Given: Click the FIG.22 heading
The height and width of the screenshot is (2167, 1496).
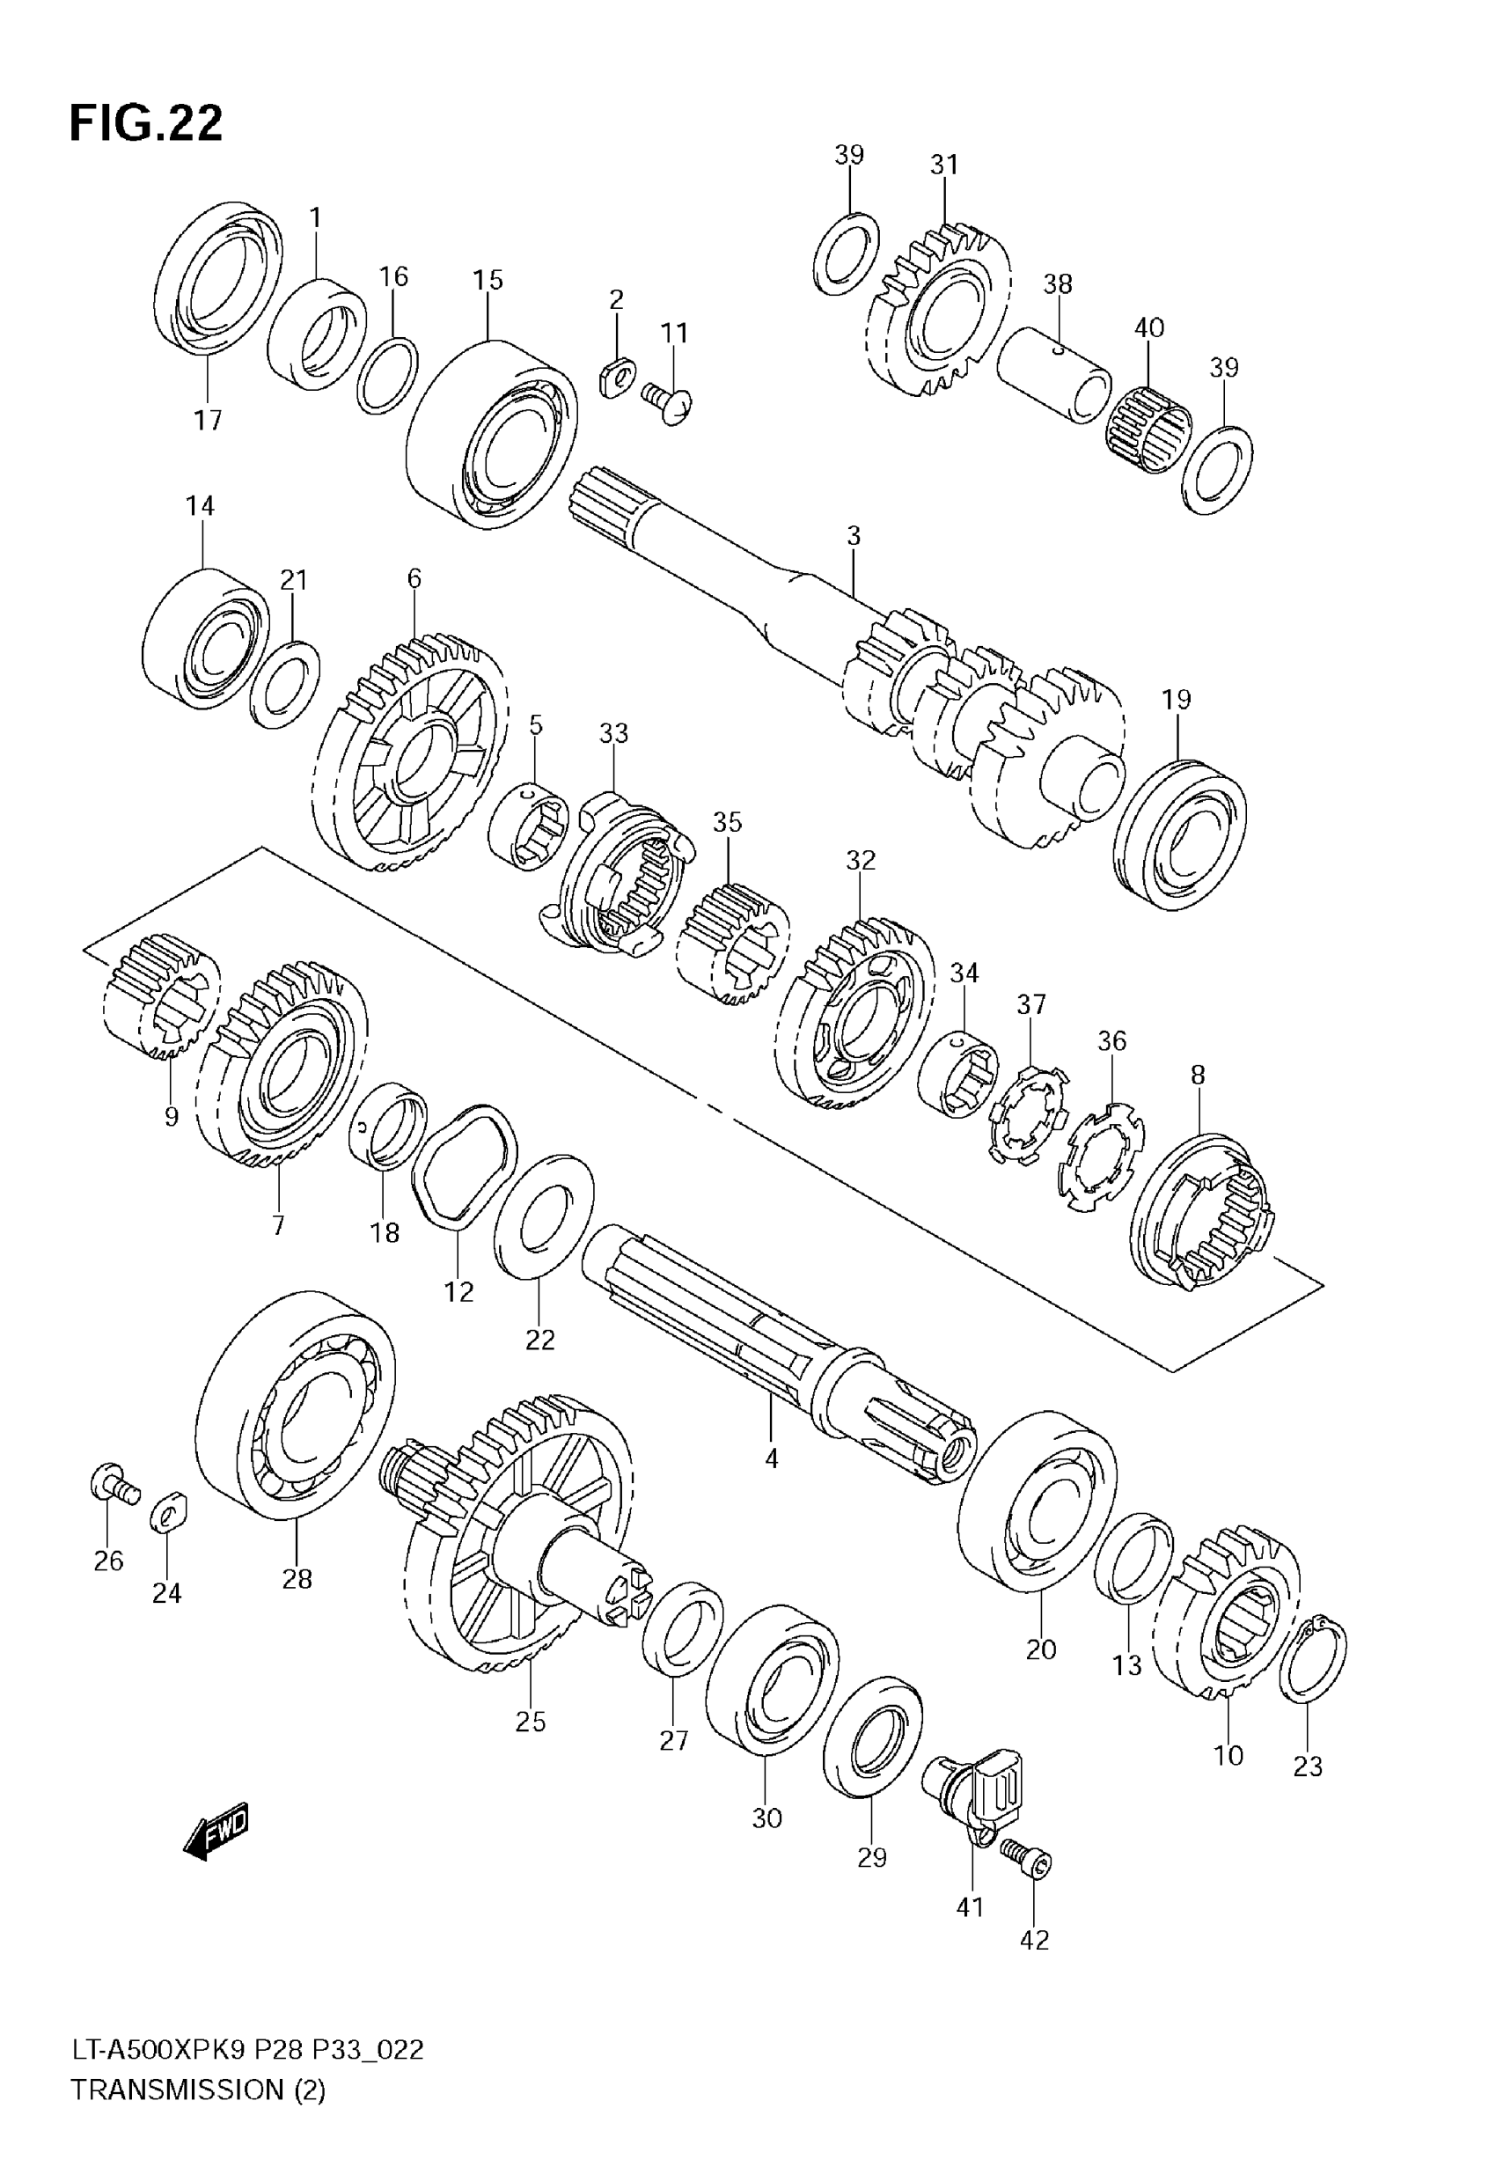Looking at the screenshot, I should pyautogui.click(x=146, y=122).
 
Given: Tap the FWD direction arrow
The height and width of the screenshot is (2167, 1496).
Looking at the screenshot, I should pyautogui.click(x=216, y=1829).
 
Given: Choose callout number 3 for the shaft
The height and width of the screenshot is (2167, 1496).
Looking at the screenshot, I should pyautogui.click(x=853, y=536).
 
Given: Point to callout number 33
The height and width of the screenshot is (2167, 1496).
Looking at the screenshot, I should pyautogui.click(x=614, y=733).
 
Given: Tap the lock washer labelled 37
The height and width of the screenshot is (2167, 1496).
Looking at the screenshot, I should pyautogui.click(x=1028, y=1113).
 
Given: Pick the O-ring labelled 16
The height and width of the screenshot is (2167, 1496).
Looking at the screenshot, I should pyautogui.click(x=387, y=375).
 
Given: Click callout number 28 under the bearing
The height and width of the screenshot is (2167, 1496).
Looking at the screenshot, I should pyautogui.click(x=297, y=1578).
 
